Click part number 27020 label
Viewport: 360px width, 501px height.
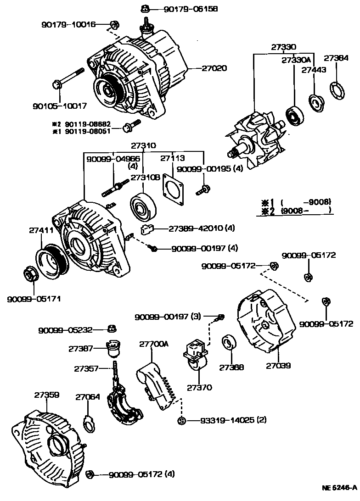tap(214, 68)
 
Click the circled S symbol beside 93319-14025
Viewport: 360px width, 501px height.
tap(181, 421)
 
